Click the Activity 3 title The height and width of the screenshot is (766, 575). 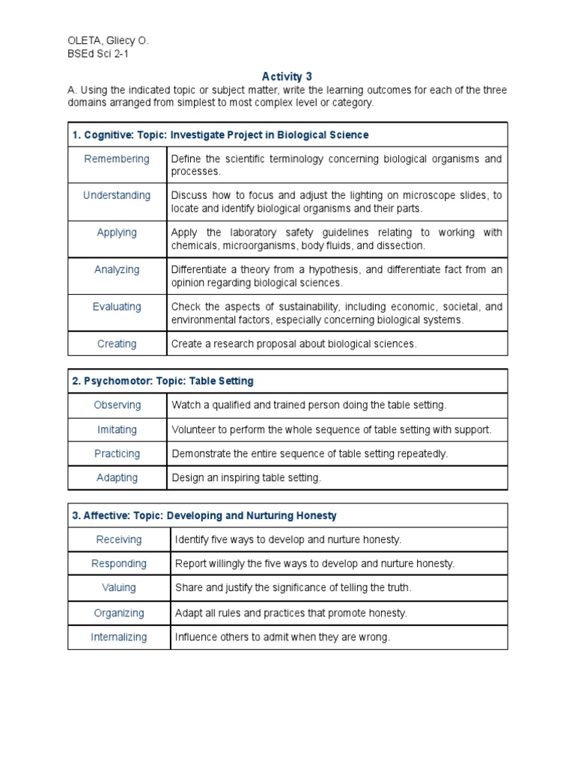(x=287, y=76)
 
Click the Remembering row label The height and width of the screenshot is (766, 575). (x=117, y=159)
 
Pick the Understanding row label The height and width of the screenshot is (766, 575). (x=117, y=195)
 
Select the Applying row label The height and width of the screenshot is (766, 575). (x=117, y=233)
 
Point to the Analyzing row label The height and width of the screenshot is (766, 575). (x=117, y=269)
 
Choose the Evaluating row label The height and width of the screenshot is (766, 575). (x=117, y=307)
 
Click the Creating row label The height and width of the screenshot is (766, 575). (x=117, y=344)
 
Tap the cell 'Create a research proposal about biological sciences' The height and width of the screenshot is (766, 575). (x=293, y=344)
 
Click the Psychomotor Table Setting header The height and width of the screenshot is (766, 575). (x=163, y=381)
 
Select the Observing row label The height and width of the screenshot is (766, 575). (x=117, y=405)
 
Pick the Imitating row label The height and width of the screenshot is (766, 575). (x=117, y=429)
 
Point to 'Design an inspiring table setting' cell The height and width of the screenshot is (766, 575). (x=246, y=478)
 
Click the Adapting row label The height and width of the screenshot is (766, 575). (x=117, y=477)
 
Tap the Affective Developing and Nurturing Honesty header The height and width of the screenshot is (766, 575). (x=204, y=515)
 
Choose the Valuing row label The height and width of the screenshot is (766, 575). (x=119, y=588)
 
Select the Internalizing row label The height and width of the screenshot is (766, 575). (x=119, y=637)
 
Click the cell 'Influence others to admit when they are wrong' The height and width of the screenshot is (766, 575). (x=282, y=637)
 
